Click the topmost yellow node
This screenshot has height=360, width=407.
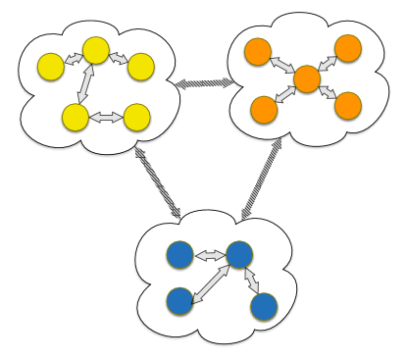96,50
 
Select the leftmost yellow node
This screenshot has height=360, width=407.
51,67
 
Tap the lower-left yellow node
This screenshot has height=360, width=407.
76,118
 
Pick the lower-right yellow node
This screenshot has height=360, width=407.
137,118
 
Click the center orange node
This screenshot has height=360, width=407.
307,79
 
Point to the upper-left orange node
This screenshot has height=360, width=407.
258,52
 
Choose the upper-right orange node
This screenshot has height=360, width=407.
348,48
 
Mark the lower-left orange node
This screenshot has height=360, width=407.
264,110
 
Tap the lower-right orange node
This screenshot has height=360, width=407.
348,106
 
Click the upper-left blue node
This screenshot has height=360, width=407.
179,255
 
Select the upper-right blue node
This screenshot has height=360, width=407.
239,255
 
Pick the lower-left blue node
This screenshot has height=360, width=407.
179,301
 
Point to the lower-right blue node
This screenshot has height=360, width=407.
264,307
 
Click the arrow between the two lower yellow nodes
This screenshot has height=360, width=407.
106,118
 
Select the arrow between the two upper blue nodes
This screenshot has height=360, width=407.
210,256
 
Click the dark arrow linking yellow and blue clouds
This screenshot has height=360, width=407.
157,181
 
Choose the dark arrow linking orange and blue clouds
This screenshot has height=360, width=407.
262,179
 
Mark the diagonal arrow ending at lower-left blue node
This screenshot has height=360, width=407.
210,283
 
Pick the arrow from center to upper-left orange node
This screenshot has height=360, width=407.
281,65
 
